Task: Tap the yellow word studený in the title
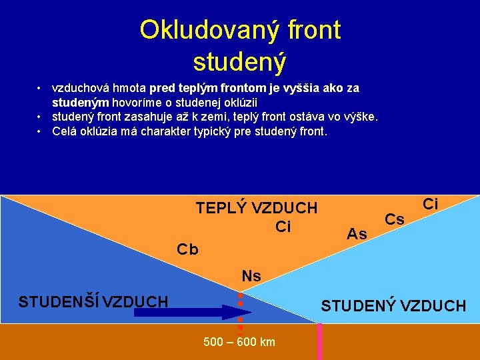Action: click(239, 61)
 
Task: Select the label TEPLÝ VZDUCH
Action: click(257, 208)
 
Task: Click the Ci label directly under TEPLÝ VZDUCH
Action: click(283, 227)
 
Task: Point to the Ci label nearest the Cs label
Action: click(431, 204)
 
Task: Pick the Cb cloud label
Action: click(187, 250)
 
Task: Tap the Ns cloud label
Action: click(251, 276)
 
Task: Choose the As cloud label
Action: click(357, 234)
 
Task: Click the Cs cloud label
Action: click(395, 219)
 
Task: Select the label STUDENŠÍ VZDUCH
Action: click(93, 302)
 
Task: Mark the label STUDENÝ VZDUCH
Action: click(393, 306)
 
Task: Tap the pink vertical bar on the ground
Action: click(319, 341)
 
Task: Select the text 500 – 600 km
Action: click(239, 343)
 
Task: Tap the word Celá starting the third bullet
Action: click(65, 131)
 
